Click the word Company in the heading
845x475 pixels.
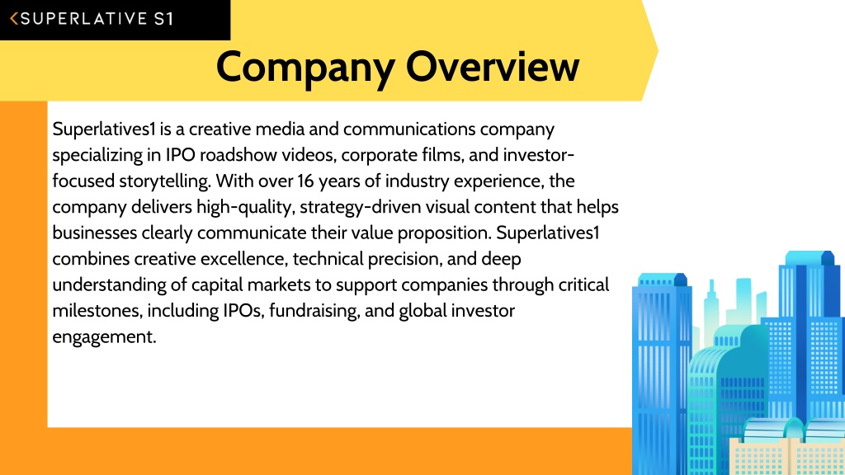(305, 68)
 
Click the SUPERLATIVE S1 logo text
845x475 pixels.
(97, 19)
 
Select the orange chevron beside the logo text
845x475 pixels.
(14, 19)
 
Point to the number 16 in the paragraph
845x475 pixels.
(305, 181)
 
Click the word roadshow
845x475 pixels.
(238, 155)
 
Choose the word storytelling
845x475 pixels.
(164, 181)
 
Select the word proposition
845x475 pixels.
(444, 233)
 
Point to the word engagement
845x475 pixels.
(104, 337)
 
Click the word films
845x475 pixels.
(441, 155)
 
